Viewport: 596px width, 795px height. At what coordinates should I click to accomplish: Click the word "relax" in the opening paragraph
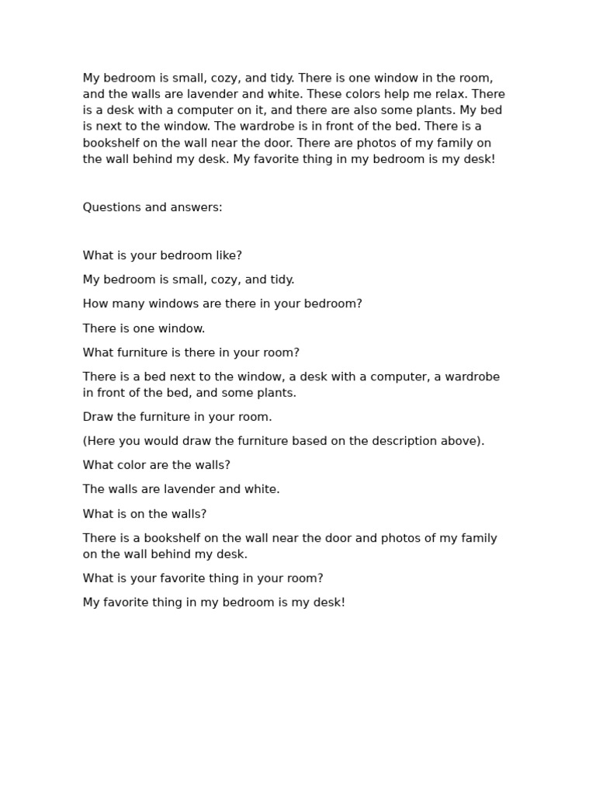[448, 94]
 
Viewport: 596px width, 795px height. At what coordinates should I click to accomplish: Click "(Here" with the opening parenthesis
[100, 441]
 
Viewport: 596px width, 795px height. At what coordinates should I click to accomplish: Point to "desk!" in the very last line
[328, 602]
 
